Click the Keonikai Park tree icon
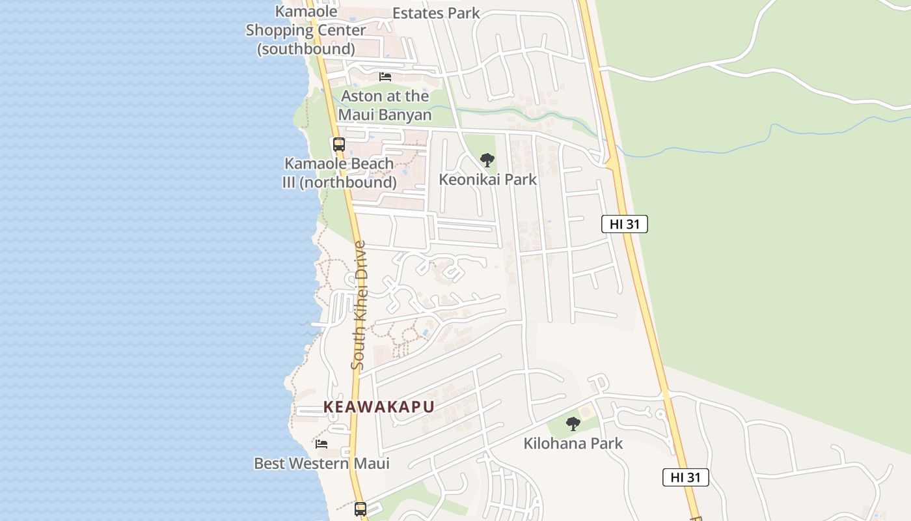pyautogui.click(x=487, y=160)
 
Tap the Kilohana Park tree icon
pyautogui.click(x=573, y=424)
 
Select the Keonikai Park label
pyautogui.click(x=487, y=179)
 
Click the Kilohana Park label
pyautogui.click(x=573, y=444)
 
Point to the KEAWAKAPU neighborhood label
pyautogui.click(x=379, y=407)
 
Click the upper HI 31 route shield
pyautogui.click(x=624, y=224)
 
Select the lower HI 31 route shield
pyautogui.click(x=685, y=477)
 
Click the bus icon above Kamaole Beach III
pyautogui.click(x=338, y=145)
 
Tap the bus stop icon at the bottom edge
pyautogui.click(x=360, y=509)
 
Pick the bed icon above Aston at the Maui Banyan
pyautogui.click(x=385, y=77)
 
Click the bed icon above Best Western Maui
pyautogui.click(x=321, y=444)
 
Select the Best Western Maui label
pyautogui.click(x=321, y=464)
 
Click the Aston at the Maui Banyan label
pyautogui.click(x=385, y=106)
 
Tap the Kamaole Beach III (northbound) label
pyautogui.click(x=339, y=173)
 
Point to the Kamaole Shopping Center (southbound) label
pyautogui.click(x=306, y=30)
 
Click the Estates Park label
pyautogui.click(x=436, y=13)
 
